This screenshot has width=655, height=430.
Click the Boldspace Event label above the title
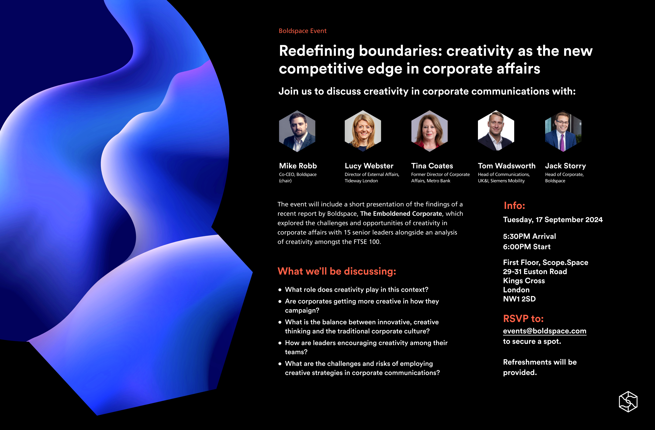302,31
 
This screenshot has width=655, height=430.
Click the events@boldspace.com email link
544,331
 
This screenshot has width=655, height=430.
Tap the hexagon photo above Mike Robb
297,131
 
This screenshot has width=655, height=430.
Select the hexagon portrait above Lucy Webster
363,131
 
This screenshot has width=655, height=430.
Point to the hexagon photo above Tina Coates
429,131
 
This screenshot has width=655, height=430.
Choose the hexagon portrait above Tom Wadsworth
496,131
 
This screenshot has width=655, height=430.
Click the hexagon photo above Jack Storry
563,131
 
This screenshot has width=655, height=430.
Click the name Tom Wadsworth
506,166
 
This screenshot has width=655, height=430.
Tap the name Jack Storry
565,166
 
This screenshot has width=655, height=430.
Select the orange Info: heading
514,206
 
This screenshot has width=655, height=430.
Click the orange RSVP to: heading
523,319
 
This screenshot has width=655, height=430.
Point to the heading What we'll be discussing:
337,271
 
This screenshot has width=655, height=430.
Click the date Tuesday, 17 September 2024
553,220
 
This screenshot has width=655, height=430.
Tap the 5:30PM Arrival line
529,236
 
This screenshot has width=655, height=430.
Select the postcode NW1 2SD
519,299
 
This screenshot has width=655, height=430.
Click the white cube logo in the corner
628,401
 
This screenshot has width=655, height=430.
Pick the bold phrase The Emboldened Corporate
401,214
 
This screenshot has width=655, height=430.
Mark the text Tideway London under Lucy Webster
361,181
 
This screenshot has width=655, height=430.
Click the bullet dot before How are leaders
280,343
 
